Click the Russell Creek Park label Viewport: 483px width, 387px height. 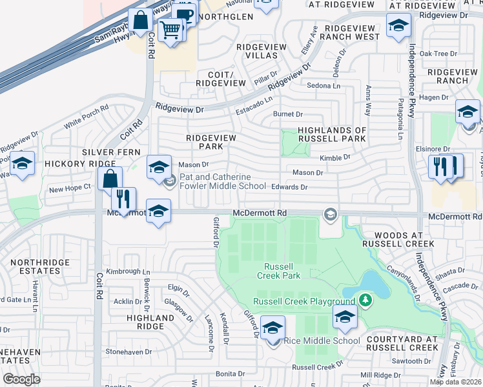coord(279,271)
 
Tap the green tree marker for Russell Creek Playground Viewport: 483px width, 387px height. coord(365,301)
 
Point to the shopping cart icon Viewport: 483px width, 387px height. coord(170,29)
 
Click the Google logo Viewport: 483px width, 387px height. coord(21,379)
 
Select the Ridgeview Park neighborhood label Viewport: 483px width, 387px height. coord(211,142)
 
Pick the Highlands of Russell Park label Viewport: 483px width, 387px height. coord(332,134)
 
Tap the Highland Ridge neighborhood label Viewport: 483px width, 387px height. coord(150,322)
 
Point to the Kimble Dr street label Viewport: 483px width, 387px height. coord(335,157)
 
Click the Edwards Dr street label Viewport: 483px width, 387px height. coord(289,187)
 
